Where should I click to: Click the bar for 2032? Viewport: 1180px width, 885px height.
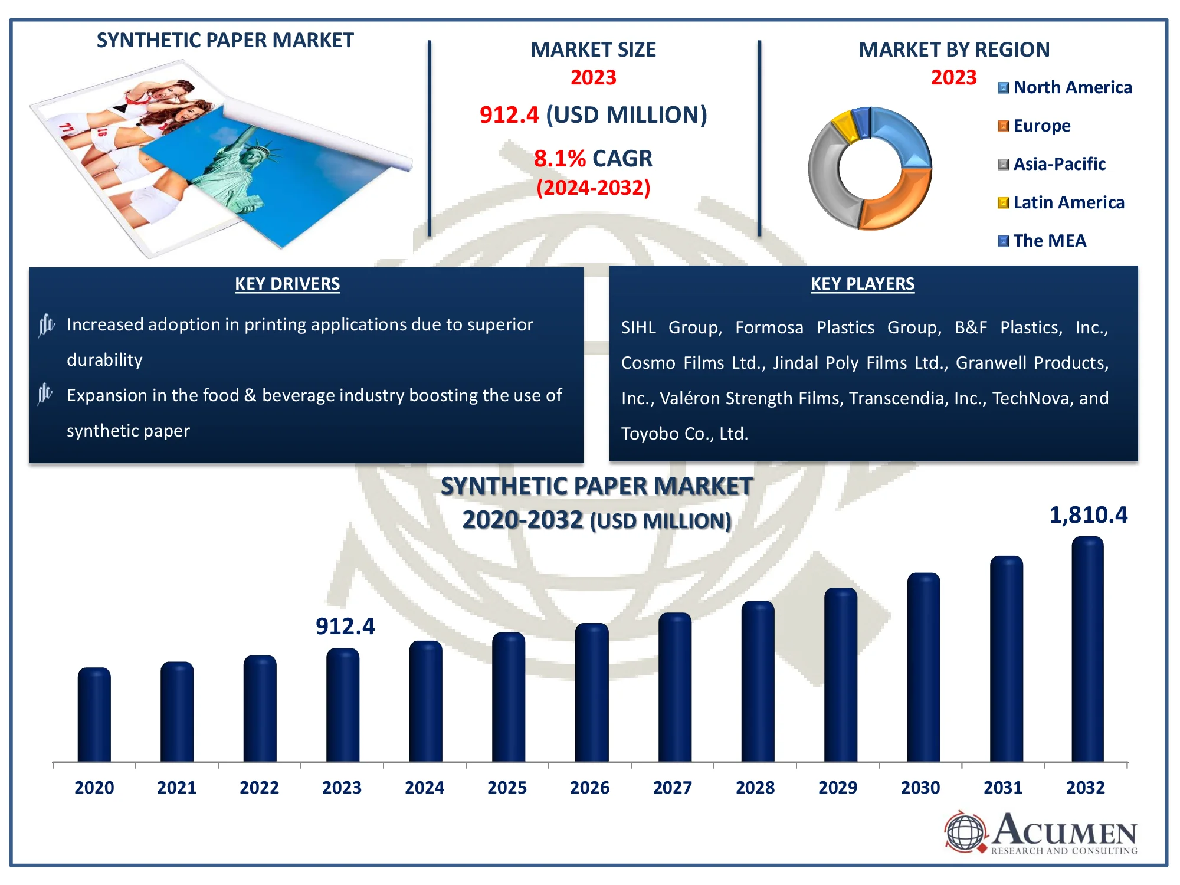[x=1087, y=649]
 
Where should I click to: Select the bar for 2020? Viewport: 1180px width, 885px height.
[x=94, y=714]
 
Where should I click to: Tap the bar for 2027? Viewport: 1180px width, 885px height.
[x=674, y=687]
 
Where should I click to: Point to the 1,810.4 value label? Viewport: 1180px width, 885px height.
[x=1088, y=515]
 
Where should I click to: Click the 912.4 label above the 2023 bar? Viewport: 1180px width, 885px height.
[x=345, y=627]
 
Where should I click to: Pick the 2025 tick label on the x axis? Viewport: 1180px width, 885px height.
[x=507, y=788]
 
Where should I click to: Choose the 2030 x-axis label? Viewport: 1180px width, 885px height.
[x=920, y=788]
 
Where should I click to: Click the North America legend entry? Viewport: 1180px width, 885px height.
[x=1065, y=87]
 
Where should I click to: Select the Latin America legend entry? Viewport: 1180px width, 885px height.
[x=1061, y=202]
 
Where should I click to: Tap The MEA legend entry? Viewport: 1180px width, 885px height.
[x=1042, y=241]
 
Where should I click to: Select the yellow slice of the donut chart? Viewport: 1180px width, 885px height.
[x=845, y=126]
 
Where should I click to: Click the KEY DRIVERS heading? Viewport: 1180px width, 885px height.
[x=287, y=284]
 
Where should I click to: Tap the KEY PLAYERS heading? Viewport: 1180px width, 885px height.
[x=863, y=284]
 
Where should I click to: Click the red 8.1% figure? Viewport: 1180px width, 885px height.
[x=560, y=159]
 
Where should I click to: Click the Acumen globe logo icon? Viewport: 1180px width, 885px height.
[x=965, y=832]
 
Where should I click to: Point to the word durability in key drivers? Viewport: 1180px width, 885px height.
[x=104, y=360]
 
